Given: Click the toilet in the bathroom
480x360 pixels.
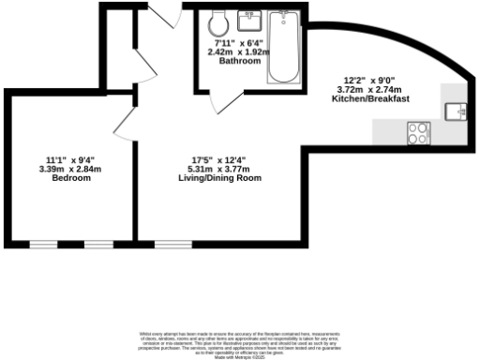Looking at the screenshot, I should [219, 22].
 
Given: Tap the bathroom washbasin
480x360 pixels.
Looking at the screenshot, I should [251, 18].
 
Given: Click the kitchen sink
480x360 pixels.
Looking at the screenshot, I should [459, 111].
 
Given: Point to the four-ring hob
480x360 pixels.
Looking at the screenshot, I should [418, 134].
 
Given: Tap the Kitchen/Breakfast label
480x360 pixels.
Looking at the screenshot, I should [373, 99].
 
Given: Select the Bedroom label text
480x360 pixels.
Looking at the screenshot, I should [71, 178].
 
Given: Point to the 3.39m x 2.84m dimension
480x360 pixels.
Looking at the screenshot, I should [71, 169].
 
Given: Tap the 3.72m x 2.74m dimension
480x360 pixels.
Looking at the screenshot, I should [373, 90].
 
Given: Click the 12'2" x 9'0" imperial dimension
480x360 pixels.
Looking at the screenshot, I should [373, 81].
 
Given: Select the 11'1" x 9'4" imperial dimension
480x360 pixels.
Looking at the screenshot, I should [71, 159].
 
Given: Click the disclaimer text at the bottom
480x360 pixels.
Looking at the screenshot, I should [239, 342].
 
